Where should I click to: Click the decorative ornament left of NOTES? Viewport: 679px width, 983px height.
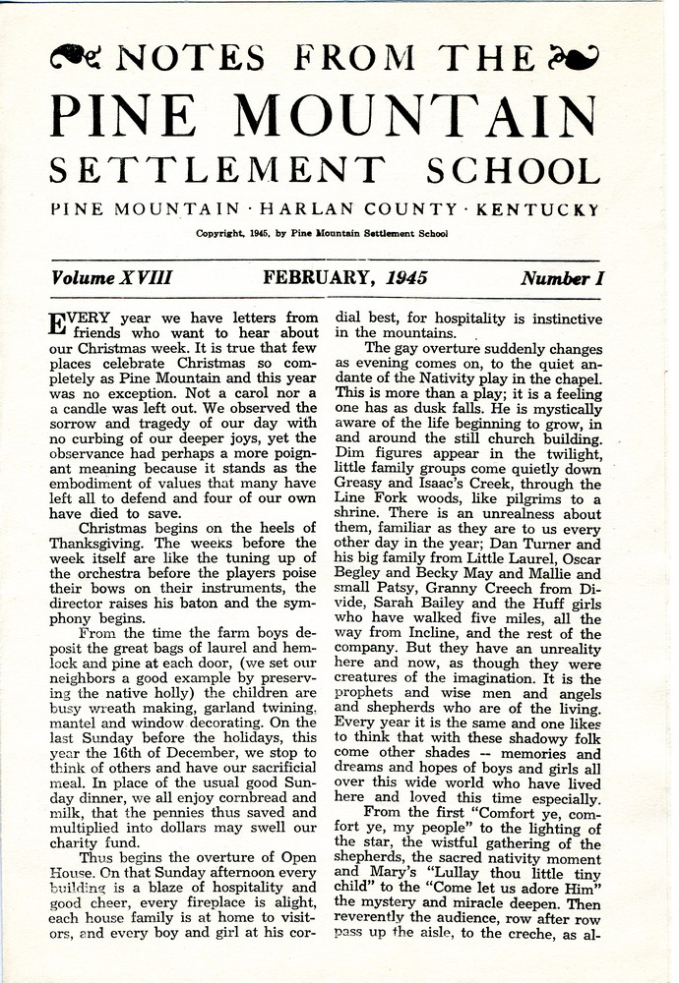click(x=75, y=58)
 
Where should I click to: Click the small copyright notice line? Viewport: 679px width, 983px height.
click(x=322, y=234)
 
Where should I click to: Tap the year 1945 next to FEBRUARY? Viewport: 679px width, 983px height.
click(x=406, y=278)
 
